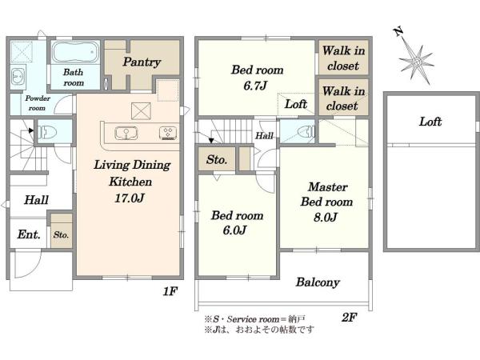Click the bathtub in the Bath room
tap(75, 52)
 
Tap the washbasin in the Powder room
tap(18, 75)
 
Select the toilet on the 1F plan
tap(48, 132)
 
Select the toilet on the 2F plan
tap(306, 132)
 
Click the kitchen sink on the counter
tap(126, 133)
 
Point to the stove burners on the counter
tap(168, 133)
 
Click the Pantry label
tap(142, 62)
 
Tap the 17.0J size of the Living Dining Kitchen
tap(129, 198)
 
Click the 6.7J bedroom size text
tap(255, 86)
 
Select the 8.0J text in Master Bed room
tap(326, 217)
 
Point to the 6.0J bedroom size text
tap(234, 230)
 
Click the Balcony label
tap(318, 282)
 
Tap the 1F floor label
tap(170, 291)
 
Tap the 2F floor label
tap(349, 317)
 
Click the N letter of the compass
tap(398, 31)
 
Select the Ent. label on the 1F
tap(29, 234)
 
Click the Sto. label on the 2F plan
tap(217, 159)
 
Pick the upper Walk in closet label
tap(343, 58)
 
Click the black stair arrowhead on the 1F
tap(30, 130)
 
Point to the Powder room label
tap(38, 103)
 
